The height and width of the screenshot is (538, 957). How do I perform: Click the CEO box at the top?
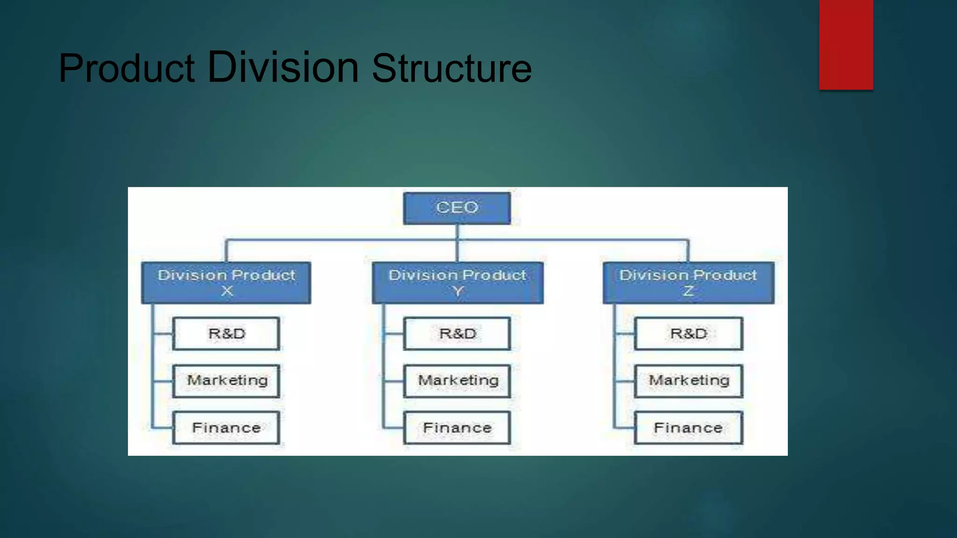coord(457,208)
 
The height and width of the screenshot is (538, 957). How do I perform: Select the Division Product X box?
coord(226,283)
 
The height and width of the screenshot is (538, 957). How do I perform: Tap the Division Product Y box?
coord(457,283)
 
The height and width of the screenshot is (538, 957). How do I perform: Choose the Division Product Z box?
coord(688,283)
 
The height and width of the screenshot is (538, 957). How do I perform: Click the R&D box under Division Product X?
coord(226,333)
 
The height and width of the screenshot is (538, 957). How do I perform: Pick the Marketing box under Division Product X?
coord(226,381)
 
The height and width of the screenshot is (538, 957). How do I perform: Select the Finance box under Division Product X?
coord(226,427)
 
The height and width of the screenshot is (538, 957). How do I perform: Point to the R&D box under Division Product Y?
coord(457,333)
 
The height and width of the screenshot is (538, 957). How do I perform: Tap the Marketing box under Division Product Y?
coord(457,381)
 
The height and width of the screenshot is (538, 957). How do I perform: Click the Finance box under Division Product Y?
coord(457,427)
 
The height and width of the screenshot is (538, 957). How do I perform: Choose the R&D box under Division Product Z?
coord(688,333)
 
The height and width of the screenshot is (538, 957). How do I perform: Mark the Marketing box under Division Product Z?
coord(688,381)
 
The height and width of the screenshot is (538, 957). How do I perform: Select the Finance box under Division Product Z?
coord(688,427)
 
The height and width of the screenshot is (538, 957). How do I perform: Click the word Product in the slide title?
coord(126,69)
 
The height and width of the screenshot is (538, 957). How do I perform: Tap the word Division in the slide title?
coord(283,67)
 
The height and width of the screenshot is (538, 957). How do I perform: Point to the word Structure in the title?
coord(451,69)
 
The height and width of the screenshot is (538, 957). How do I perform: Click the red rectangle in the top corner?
coord(846,44)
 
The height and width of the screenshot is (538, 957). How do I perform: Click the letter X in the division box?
coord(227,291)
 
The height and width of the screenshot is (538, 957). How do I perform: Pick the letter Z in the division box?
coord(688,291)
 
